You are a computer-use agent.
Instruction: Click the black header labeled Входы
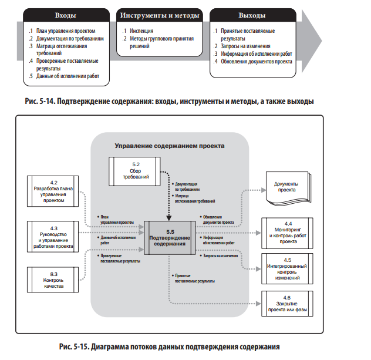pos(66,15)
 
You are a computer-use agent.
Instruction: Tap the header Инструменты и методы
pos(160,15)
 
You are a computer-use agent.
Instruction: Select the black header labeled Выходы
pos(252,15)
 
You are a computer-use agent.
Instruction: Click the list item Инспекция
pos(141,31)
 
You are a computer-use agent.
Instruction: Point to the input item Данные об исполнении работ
pos(68,76)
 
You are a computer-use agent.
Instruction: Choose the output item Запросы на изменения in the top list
pos(245,46)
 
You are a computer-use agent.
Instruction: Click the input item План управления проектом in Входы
pos(66,31)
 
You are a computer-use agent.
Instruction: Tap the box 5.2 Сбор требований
pos(134,171)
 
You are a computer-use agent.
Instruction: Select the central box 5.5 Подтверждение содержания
pos(170,238)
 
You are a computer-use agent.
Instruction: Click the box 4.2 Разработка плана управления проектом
pos(53,191)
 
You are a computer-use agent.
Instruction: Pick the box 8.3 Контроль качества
pos(53,280)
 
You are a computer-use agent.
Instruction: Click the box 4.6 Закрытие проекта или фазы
pos(287,304)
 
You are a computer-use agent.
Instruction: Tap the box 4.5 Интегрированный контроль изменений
pos(287,268)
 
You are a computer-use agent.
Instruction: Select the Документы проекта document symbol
pos(288,188)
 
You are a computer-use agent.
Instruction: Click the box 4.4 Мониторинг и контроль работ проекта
pos(287,233)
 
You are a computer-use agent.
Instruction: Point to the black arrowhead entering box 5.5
pos(169,218)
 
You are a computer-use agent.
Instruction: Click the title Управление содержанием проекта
pos(170,146)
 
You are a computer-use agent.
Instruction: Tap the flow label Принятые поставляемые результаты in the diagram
pos(195,278)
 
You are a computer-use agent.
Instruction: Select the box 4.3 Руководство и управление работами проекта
pos(53,237)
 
